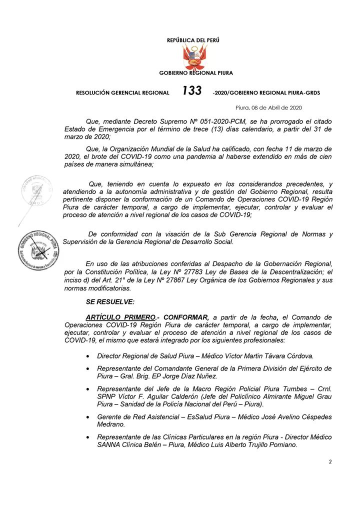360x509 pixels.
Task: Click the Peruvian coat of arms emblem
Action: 195,56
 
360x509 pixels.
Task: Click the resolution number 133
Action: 192,90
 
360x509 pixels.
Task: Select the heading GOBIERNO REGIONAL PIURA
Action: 196,73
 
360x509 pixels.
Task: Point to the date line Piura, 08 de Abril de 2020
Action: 268,107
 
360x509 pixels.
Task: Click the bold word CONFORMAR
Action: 186,317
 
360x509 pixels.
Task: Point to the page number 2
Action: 330,461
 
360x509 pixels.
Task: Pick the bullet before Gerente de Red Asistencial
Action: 88,416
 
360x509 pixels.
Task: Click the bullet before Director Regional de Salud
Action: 88,356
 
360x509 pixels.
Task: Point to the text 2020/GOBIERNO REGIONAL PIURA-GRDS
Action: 266,92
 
